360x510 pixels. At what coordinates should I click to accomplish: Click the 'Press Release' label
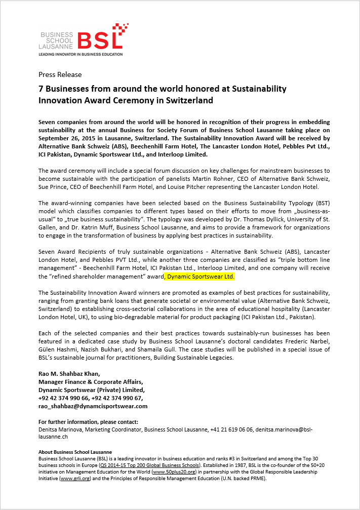tap(60, 74)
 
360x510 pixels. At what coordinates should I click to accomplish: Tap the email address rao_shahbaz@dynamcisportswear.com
tap(93, 406)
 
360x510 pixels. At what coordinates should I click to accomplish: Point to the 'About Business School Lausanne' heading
tap(75, 452)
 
